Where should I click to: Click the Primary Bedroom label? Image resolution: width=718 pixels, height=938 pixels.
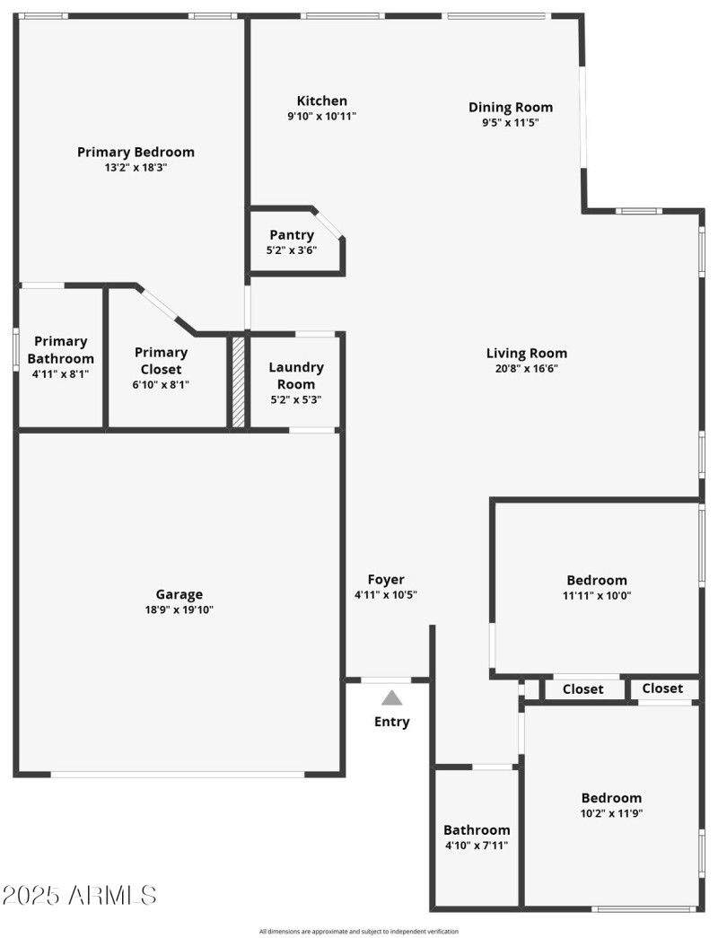pos(136,152)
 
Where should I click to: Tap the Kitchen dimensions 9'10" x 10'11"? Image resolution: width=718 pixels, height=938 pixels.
pos(321,116)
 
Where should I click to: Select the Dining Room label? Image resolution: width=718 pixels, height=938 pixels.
pos(510,108)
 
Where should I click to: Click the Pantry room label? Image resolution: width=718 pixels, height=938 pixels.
pos(292,235)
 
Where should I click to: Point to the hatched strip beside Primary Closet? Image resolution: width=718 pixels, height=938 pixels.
pos(238,381)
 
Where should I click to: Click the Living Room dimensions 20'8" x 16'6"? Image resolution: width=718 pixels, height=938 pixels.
pos(527,368)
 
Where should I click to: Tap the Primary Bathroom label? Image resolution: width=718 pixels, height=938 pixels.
pos(61,349)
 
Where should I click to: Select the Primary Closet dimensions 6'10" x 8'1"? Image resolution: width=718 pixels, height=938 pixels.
pos(161,384)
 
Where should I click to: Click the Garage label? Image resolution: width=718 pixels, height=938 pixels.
pos(179,594)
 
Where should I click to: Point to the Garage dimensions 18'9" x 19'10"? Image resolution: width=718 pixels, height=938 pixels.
pos(179,609)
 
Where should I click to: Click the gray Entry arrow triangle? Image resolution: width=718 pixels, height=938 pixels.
pos(391,698)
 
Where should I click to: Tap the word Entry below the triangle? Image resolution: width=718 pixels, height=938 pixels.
pos(391,722)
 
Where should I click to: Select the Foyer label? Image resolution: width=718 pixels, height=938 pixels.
pos(386,580)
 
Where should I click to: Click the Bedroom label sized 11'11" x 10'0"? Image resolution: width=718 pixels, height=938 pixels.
pos(597,580)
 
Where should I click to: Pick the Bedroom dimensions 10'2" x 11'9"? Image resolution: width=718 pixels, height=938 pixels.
pos(611,813)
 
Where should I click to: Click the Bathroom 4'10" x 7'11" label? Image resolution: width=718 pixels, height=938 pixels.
pos(477,830)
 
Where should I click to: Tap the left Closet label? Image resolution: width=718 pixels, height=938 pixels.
pos(582,689)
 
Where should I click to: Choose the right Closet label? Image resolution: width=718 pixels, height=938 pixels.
pos(662,688)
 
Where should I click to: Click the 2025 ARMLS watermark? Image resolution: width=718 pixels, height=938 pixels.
pos(79,895)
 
